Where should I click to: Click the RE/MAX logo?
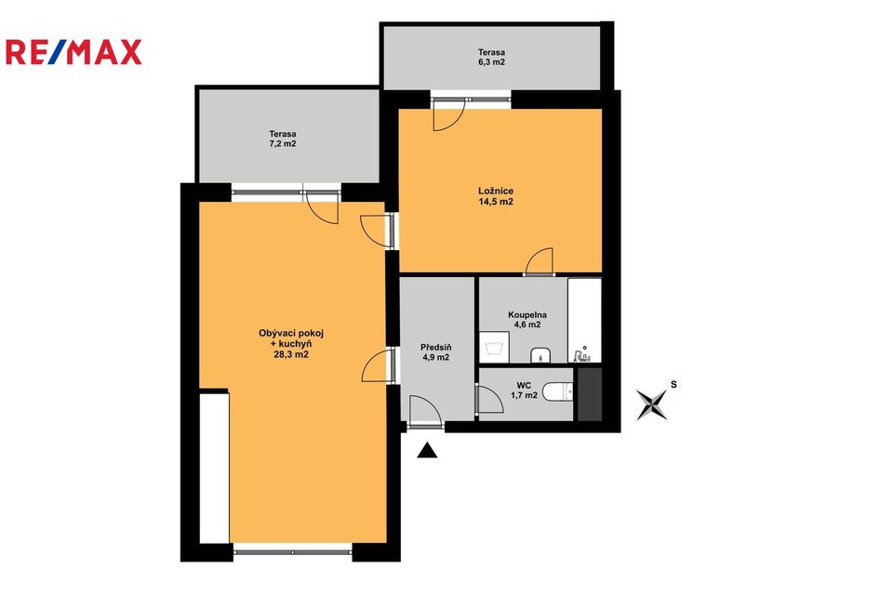pos(73,52)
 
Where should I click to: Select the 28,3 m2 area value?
pos(291,354)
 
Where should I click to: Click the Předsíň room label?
pos(436,348)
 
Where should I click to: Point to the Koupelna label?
pos(527,315)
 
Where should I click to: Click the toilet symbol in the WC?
pos(557,392)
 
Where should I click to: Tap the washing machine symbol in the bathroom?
pos(494,348)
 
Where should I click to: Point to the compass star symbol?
pos(652,404)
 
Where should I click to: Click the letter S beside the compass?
pos(673,384)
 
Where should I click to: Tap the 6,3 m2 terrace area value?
pos(491,62)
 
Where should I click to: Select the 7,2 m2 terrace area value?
pos(283,143)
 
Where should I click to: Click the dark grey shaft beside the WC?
pos(590,394)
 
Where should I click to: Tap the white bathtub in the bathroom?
pos(584,320)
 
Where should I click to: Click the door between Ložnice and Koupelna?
pos(540,262)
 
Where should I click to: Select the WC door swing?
pos(490,400)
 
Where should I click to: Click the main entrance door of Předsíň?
pos(425,411)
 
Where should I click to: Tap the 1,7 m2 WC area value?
pos(524,395)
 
